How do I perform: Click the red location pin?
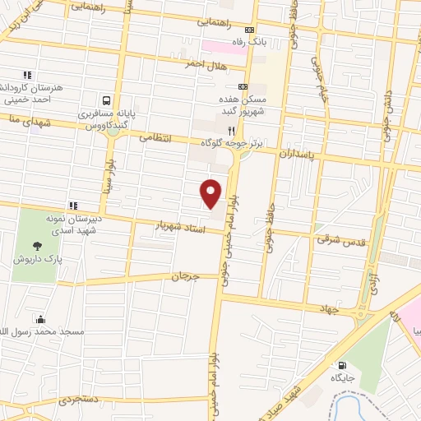[x=211, y=192]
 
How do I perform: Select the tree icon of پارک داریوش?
[x=37, y=245]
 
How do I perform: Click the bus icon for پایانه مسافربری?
[x=105, y=97]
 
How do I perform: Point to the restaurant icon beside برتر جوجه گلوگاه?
[x=233, y=130]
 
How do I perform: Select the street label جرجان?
[x=185, y=277]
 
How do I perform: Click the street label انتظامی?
[x=155, y=139]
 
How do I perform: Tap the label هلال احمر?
[x=206, y=64]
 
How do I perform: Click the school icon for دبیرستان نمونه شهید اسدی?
[x=72, y=205]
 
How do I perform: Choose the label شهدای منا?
[x=18, y=120]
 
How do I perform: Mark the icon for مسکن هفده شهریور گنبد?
[x=243, y=86]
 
